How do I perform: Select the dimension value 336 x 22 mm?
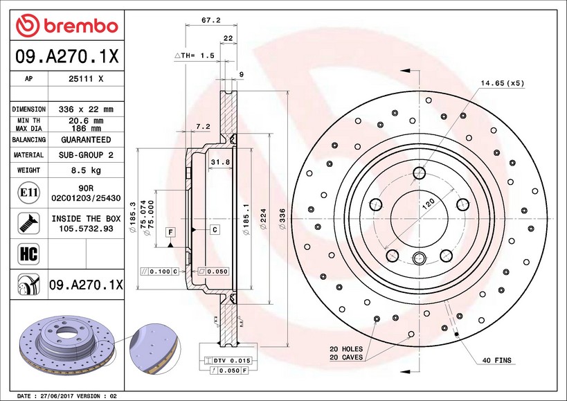(87, 109)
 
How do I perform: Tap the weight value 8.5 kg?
(87, 170)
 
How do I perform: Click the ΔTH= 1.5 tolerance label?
(195, 55)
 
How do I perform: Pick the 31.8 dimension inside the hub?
(219, 163)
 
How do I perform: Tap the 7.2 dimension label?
(203, 126)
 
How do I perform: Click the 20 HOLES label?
(345, 348)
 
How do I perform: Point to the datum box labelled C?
(215, 229)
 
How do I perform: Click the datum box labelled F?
(170, 230)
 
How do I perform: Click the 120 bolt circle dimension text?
(428, 204)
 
